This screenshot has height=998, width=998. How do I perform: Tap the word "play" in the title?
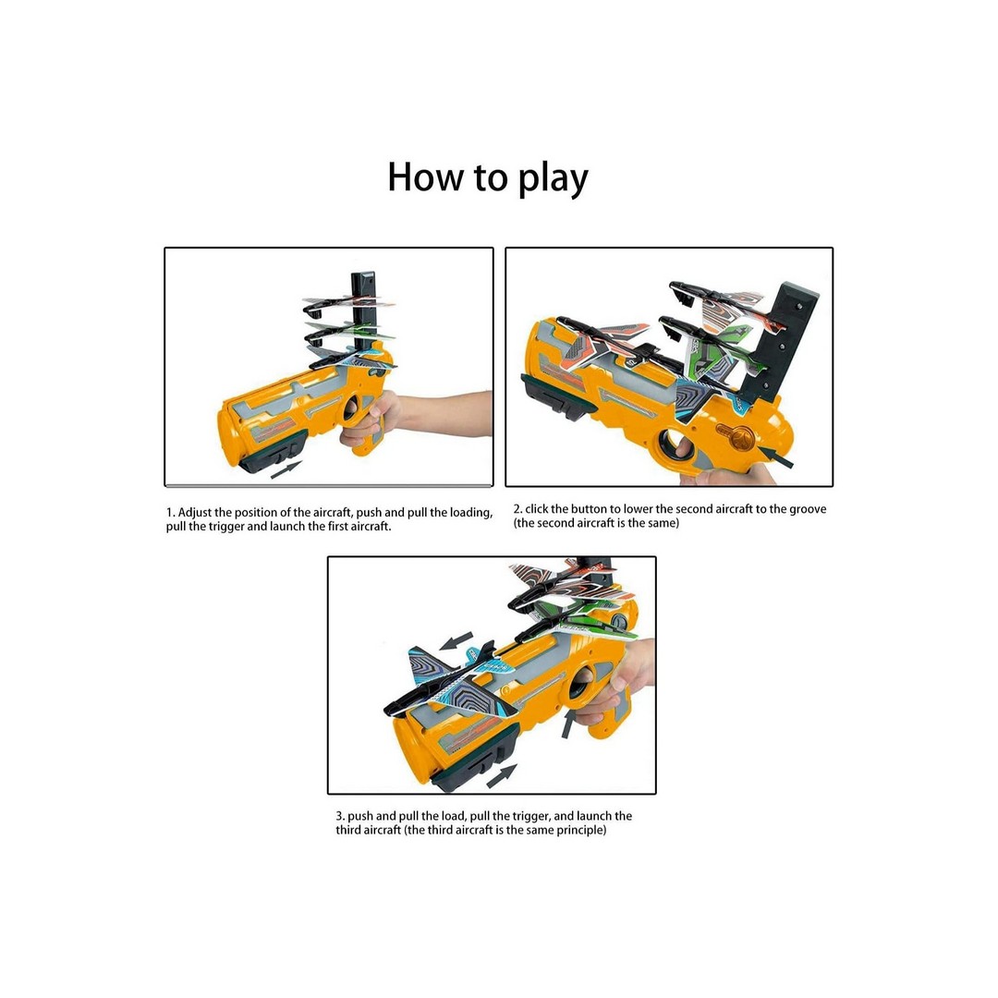[x=554, y=180]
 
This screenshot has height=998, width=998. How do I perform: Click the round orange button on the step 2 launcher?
[x=737, y=438]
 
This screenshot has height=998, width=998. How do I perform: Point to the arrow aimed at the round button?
[x=776, y=456]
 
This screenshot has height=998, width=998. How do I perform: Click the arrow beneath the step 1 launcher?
[x=286, y=469]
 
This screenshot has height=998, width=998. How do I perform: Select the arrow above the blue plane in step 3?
[x=456, y=641]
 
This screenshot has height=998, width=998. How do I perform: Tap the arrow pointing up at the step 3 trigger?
[x=568, y=724]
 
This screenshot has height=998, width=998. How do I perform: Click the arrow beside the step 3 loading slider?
[x=502, y=775]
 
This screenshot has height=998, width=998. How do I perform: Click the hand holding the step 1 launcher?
[x=375, y=420]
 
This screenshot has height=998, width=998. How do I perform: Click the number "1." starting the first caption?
[x=170, y=512]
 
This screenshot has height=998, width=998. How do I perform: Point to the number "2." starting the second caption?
[x=518, y=509]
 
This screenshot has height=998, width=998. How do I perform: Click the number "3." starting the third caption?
[x=340, y=816]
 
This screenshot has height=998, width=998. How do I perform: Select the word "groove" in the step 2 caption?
[x=808, y=510]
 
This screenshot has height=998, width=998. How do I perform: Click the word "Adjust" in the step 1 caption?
[x=195, y=513]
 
